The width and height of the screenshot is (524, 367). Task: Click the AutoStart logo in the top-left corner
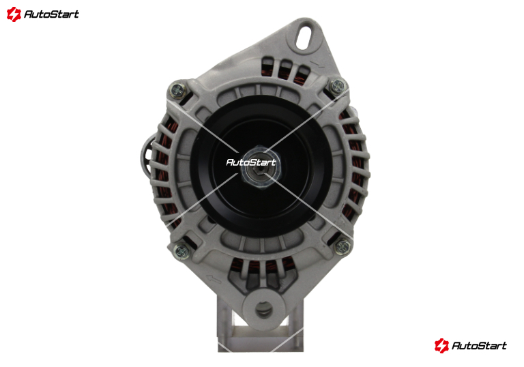pyautogui.click(x=43, y=14)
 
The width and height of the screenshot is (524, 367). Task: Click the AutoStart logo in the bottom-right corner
pyautogui.click(x=471, y=345)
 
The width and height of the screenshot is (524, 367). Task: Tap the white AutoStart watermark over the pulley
pyautogui.click(x=251, y=162)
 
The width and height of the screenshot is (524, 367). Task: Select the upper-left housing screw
pyautogui.click(x=177, y=89)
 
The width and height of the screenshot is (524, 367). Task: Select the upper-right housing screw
pyautogui.click(x=338, y=86)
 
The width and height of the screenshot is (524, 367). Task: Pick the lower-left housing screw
pyautogui.click(x=182, y=250)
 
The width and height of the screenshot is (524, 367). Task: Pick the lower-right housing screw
pyautogui.click(x=343, y=247)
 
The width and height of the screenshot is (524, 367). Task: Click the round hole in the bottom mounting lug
pyautogui.click(x=264, y=309)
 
